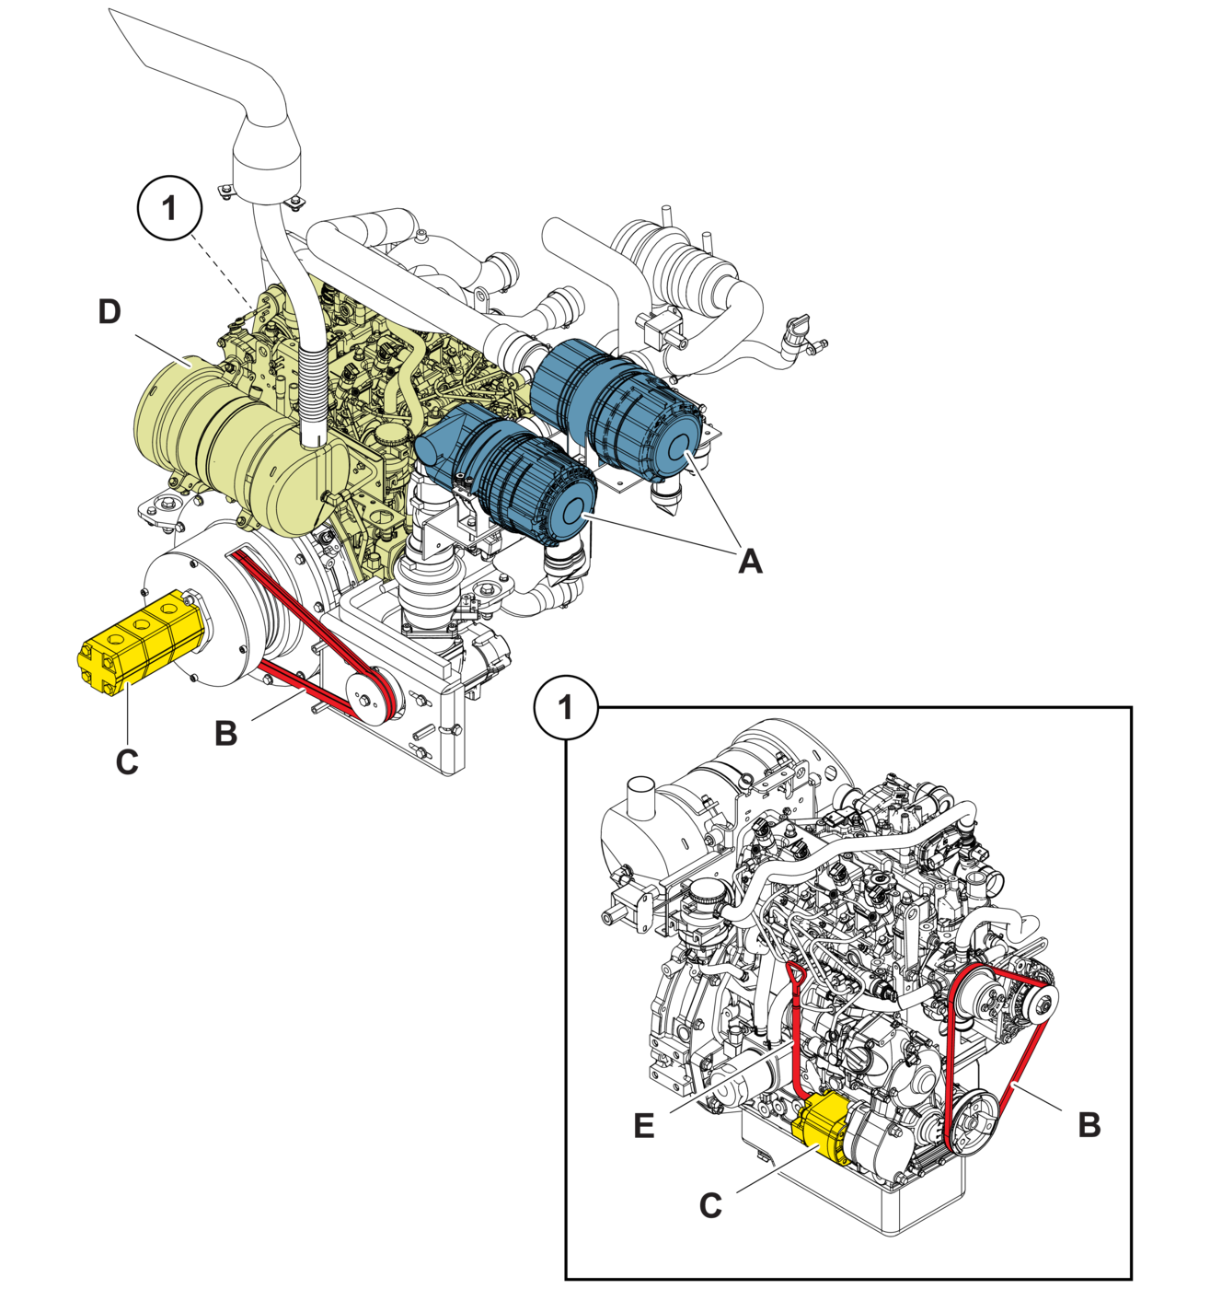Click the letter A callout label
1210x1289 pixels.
(x=750, y=560)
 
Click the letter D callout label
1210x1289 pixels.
(x=109, y=311)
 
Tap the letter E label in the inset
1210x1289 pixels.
(x=643, y=1126)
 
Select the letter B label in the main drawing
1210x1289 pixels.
(x=225, y=734)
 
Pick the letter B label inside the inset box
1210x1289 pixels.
(x=1089, y=1125)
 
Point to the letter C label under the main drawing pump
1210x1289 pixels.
(x=127, y=762)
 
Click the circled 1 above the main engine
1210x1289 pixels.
(x=170, y=208)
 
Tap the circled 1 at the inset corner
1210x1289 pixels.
(x=566, y=708)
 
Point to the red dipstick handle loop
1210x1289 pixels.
(x=795, y=974)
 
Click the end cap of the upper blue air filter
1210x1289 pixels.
(x=680, y=447)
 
